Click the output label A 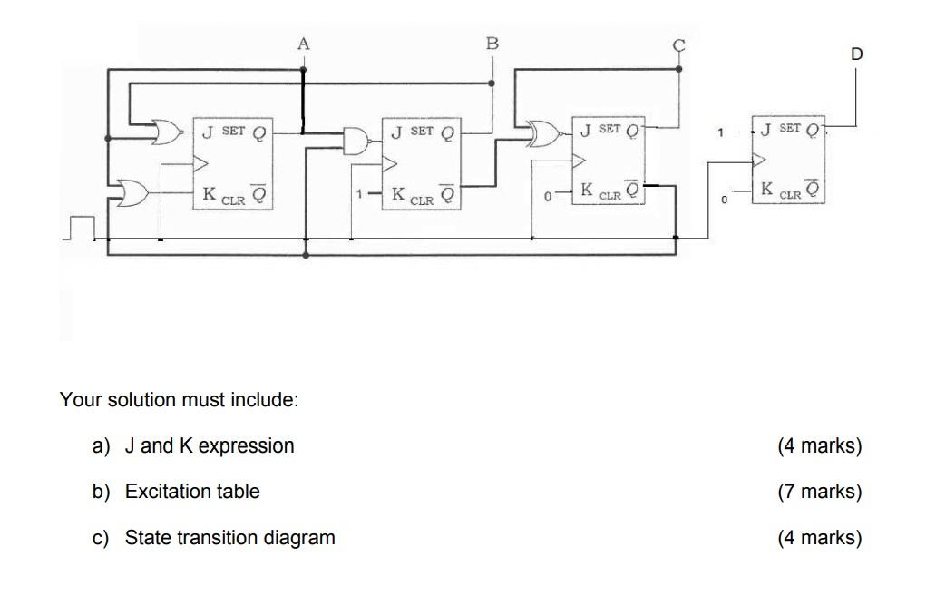coord(303,43)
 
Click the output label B coord(492,43)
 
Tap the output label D coord(856,54)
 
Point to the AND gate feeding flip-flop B coord(355,139)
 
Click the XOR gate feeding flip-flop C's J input coord(545,135)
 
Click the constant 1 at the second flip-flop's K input coord(360,194)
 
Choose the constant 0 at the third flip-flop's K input coord(548,195)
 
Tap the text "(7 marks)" coord(819,492)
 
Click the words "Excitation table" coord(192,492)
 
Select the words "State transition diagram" coord(229,538)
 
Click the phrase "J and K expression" coord(210,445)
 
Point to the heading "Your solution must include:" coord(179,399)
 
